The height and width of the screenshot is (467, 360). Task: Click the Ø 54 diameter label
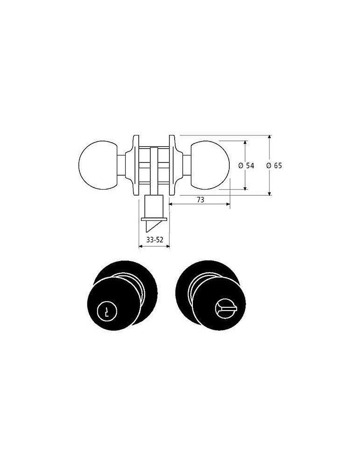246,166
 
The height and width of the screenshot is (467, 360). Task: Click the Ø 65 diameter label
274,166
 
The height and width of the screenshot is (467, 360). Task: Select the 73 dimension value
201,199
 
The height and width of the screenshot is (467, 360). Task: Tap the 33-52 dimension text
155,240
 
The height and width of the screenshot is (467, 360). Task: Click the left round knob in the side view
98,165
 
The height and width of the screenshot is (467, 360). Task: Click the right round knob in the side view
210,165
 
